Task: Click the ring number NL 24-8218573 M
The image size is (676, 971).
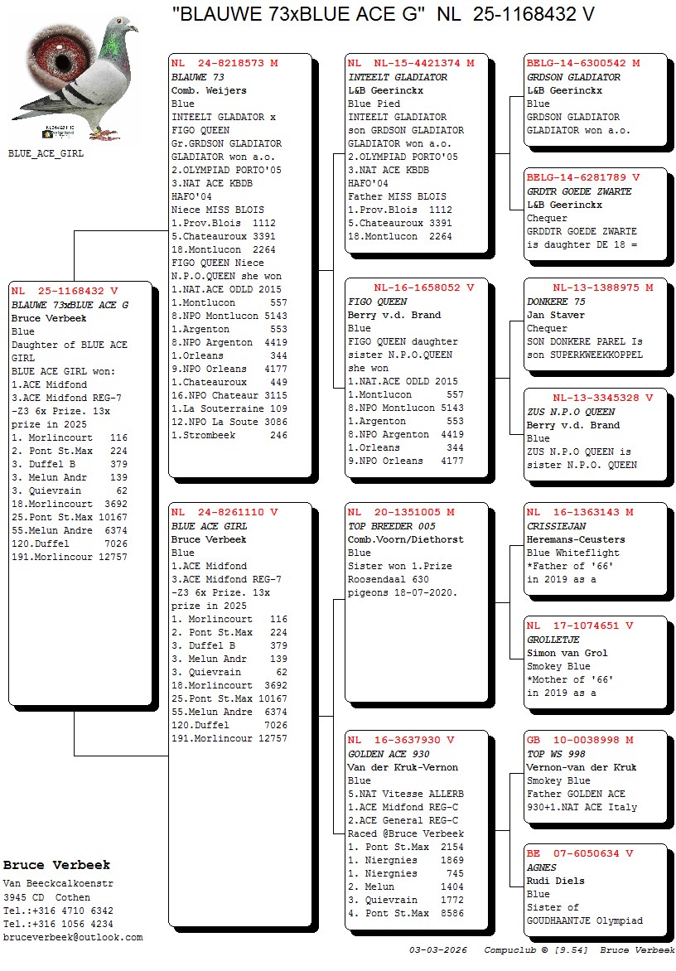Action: click(225, 63)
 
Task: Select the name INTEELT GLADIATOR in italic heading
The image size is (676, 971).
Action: click(398, 77)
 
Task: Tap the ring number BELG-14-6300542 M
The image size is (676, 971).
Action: click(583, 63)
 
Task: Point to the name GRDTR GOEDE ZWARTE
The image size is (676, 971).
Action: click(579, 191)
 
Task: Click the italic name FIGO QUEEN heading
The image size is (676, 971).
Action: click(378, 302)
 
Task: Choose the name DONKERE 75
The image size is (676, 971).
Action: click(556, 302)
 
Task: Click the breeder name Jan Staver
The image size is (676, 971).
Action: click(556, 315)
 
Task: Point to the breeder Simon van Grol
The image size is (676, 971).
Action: click(567, 653)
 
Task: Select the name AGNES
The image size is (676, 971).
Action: click(542, 867)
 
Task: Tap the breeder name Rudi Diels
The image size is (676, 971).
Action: click(556, 881)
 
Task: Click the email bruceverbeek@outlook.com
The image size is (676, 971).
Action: click(73, 937)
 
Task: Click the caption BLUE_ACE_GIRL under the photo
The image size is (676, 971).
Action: click(46, 153)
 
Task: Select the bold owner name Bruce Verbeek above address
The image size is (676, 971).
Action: click(56, 865)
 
